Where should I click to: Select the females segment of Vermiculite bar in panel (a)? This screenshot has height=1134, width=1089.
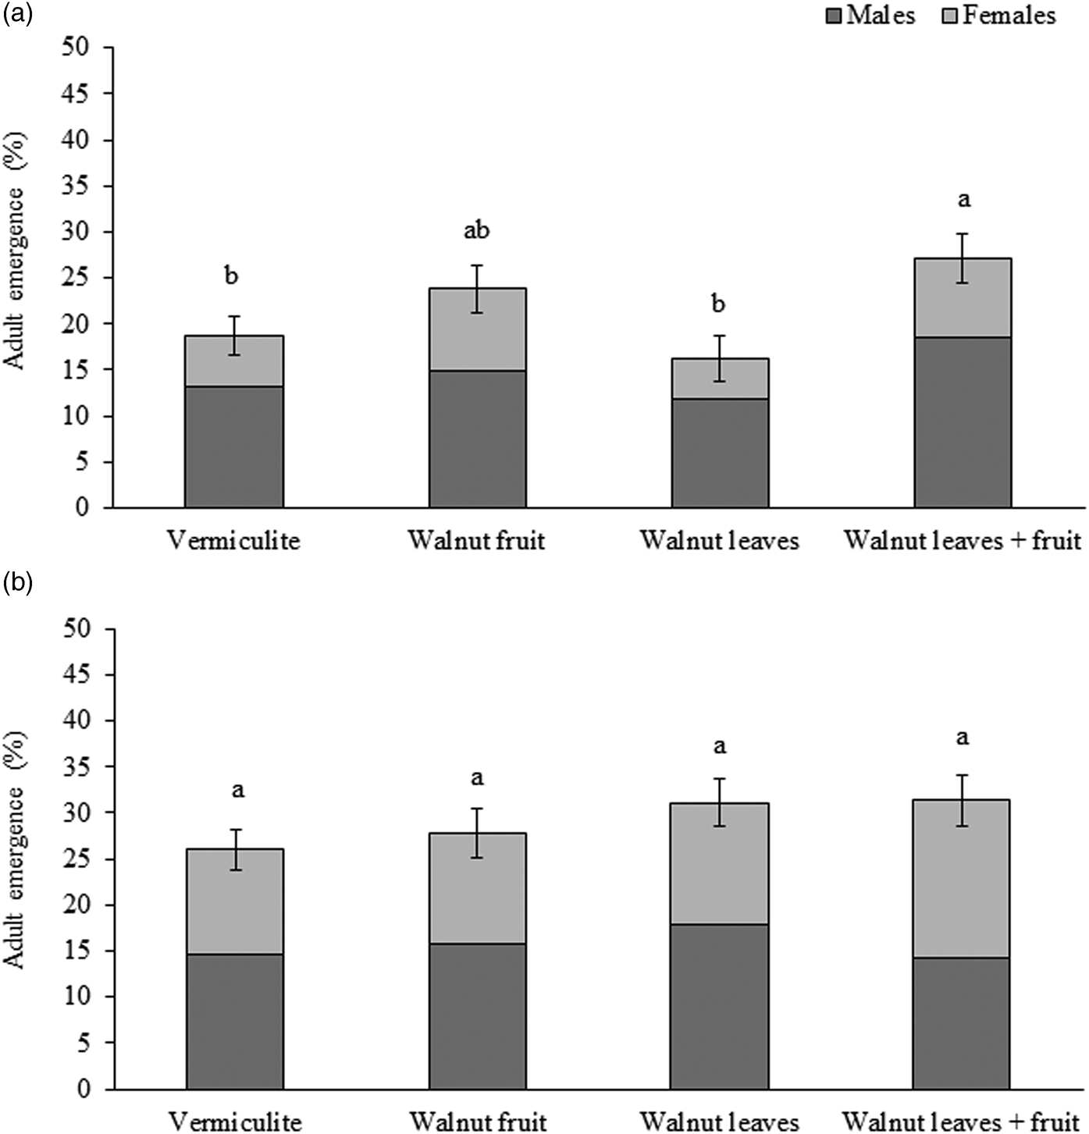[233, 361]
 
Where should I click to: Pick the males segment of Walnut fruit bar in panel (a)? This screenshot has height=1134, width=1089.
[477, 439]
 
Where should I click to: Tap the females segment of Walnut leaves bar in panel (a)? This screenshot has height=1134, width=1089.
[720, 379]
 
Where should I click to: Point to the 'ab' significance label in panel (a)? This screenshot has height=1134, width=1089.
[476, 231]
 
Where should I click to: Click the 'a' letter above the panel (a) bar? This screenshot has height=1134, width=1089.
[963, 200]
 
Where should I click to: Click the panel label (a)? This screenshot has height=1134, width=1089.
[18, 14]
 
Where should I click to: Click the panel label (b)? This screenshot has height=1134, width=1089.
[18, 583]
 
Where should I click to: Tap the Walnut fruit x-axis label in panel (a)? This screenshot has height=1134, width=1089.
[476, 540]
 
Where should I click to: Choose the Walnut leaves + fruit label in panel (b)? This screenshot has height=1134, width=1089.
[963, 1122]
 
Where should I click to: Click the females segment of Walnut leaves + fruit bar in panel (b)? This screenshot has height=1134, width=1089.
[962, 879]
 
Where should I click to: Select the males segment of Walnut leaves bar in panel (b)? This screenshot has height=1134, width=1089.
[720, 1007]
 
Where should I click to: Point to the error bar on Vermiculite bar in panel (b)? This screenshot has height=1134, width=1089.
[235, 849]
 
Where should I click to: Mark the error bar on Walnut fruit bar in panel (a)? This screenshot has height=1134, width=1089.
[477, 289]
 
